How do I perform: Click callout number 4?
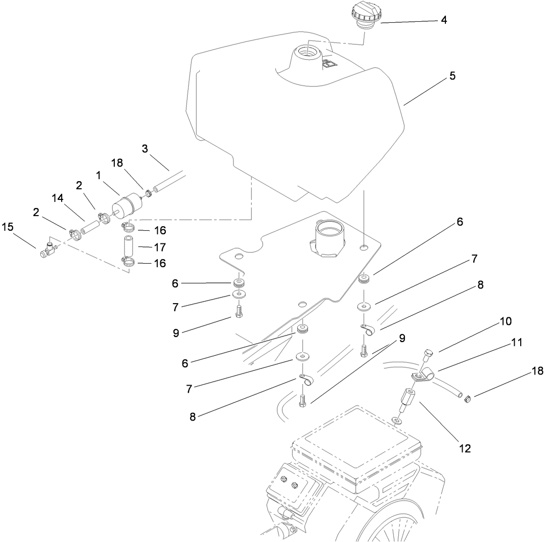tap(443, 20)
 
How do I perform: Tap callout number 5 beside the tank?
tap(452, 76)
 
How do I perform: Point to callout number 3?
tap(145, 149)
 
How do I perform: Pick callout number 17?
tap(160, 247)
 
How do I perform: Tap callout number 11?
tap(516, 343)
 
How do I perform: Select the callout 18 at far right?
tap(536, 371)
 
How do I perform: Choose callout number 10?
tap(506, 321)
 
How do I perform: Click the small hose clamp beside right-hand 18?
tap(468, 401)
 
